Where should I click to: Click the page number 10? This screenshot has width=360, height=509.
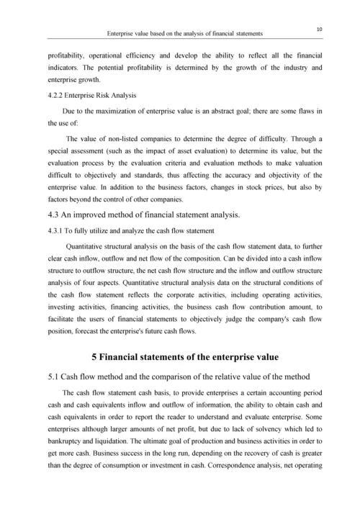[x=318, y=27]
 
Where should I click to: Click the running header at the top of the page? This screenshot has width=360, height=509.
[x=184, y=34]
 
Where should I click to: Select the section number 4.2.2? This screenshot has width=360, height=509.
[x=58, y=95]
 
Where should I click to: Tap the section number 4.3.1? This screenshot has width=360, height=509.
[x=58, y=230]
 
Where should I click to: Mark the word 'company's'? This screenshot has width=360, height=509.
[x=251, y=319]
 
